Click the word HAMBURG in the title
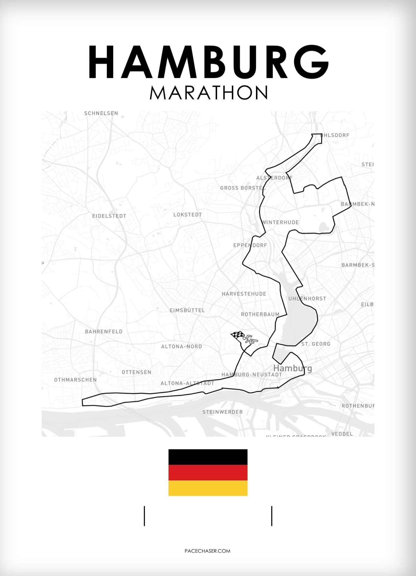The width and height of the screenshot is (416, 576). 208,62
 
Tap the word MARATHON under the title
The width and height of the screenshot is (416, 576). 208,93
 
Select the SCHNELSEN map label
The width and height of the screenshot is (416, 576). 101,113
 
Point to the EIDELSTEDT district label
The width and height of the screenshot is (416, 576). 109,216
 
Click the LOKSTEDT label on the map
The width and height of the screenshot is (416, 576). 187,215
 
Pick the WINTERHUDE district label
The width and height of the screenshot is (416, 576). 280,222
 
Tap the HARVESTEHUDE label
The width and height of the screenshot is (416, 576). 244,294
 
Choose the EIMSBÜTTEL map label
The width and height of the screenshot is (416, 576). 187,310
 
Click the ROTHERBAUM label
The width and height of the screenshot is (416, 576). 260,314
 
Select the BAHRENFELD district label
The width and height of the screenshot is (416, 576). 104,331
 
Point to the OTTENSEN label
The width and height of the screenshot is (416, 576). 137,372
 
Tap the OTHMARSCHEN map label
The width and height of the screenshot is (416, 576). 75,380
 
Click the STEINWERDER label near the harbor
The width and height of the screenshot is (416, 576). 222,412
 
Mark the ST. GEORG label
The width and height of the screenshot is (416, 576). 316,344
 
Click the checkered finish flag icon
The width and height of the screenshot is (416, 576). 238,335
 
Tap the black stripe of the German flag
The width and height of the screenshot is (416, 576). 208,457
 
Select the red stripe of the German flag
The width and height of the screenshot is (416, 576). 208,473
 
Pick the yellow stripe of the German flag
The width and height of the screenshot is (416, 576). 208,488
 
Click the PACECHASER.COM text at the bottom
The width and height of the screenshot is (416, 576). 207,551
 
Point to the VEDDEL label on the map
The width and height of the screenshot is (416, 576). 342,434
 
